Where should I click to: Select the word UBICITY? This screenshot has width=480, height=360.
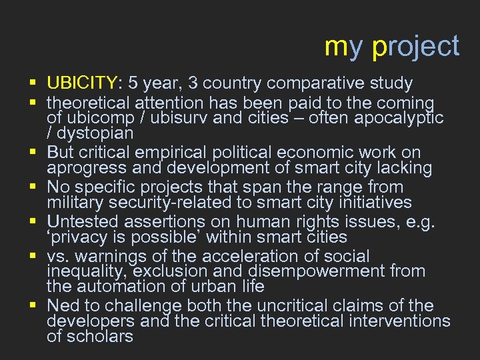(81, 83)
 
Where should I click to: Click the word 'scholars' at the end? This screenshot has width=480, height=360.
(100, 336)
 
